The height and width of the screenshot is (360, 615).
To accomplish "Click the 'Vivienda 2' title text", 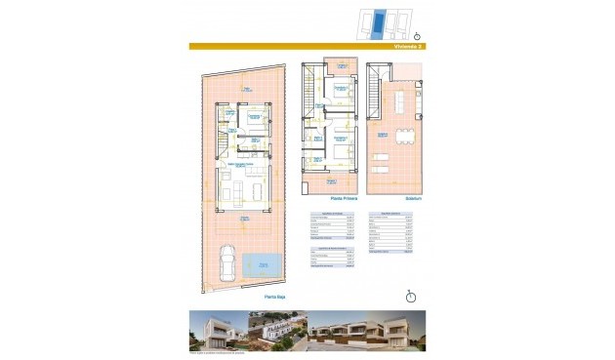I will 407,46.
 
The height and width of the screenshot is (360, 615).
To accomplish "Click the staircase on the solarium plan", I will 375,98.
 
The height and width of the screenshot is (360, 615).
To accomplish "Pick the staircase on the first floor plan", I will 311,98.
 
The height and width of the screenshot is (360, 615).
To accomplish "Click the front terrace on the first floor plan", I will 331,181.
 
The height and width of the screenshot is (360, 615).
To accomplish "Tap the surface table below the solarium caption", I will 390,233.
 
